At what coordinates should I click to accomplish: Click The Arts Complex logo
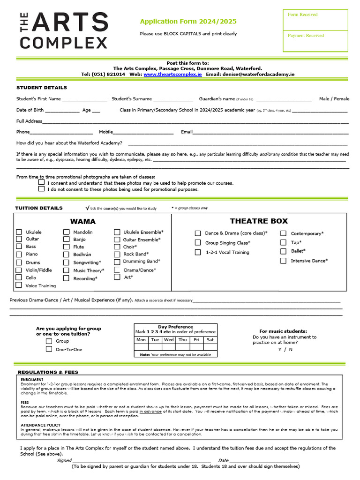[64, 30]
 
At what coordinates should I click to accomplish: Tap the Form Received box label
[302, 15]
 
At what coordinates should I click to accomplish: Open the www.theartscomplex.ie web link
[172, 74]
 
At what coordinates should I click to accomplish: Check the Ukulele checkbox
[19, 232]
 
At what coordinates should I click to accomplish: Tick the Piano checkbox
[19, 254]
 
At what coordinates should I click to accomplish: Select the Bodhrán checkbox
[67, 254]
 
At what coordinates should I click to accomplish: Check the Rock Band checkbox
[117, 254]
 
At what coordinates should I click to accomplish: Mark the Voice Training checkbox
[19, 285]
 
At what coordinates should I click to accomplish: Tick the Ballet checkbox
[283, 251]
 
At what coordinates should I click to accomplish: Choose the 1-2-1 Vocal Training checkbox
[198, 252]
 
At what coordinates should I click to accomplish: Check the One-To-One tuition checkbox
[49, 349]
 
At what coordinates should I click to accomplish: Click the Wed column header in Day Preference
[169, 340]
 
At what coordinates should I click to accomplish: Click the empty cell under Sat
[210, 347]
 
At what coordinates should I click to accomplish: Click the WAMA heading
[83, 221]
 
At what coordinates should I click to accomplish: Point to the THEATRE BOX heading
[259, 221]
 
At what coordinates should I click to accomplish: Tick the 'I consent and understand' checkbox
[42, 183]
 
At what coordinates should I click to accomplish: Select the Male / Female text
[334, 99]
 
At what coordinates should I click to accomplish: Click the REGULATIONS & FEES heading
[48, 372]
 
